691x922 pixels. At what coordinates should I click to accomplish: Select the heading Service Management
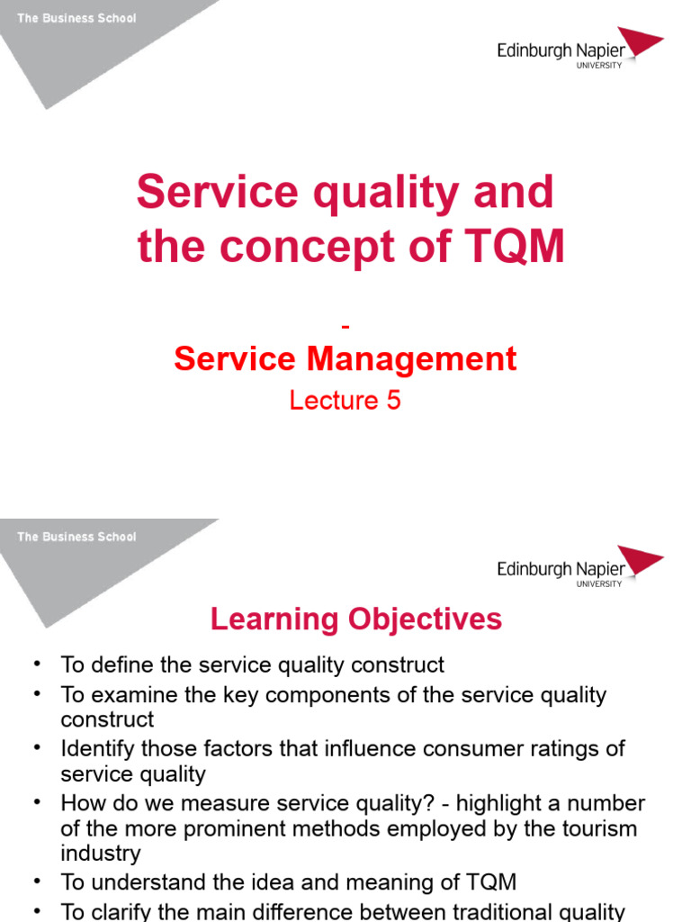(345, 359)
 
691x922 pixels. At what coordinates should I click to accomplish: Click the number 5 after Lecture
(393, 400)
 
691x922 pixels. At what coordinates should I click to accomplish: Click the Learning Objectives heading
(356, 619)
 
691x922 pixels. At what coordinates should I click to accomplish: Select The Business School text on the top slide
(76, 18)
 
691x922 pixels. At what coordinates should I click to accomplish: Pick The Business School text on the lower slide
(76, 537)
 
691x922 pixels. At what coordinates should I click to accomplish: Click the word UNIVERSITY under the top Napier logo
(599, 65)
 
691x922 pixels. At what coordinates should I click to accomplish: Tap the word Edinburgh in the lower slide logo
(534, 569)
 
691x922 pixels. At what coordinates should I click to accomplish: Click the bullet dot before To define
(37, 664)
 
